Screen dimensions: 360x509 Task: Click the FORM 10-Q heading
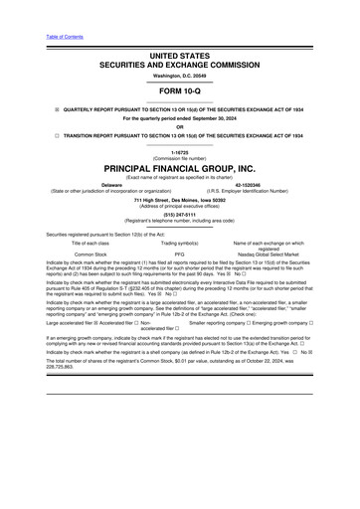[x=179, y=89]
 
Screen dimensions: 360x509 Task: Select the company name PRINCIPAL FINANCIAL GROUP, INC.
[x=179, y=168]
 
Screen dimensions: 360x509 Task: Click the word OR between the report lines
[x=179, y=126]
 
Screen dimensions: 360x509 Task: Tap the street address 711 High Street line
[x=179, y=200]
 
